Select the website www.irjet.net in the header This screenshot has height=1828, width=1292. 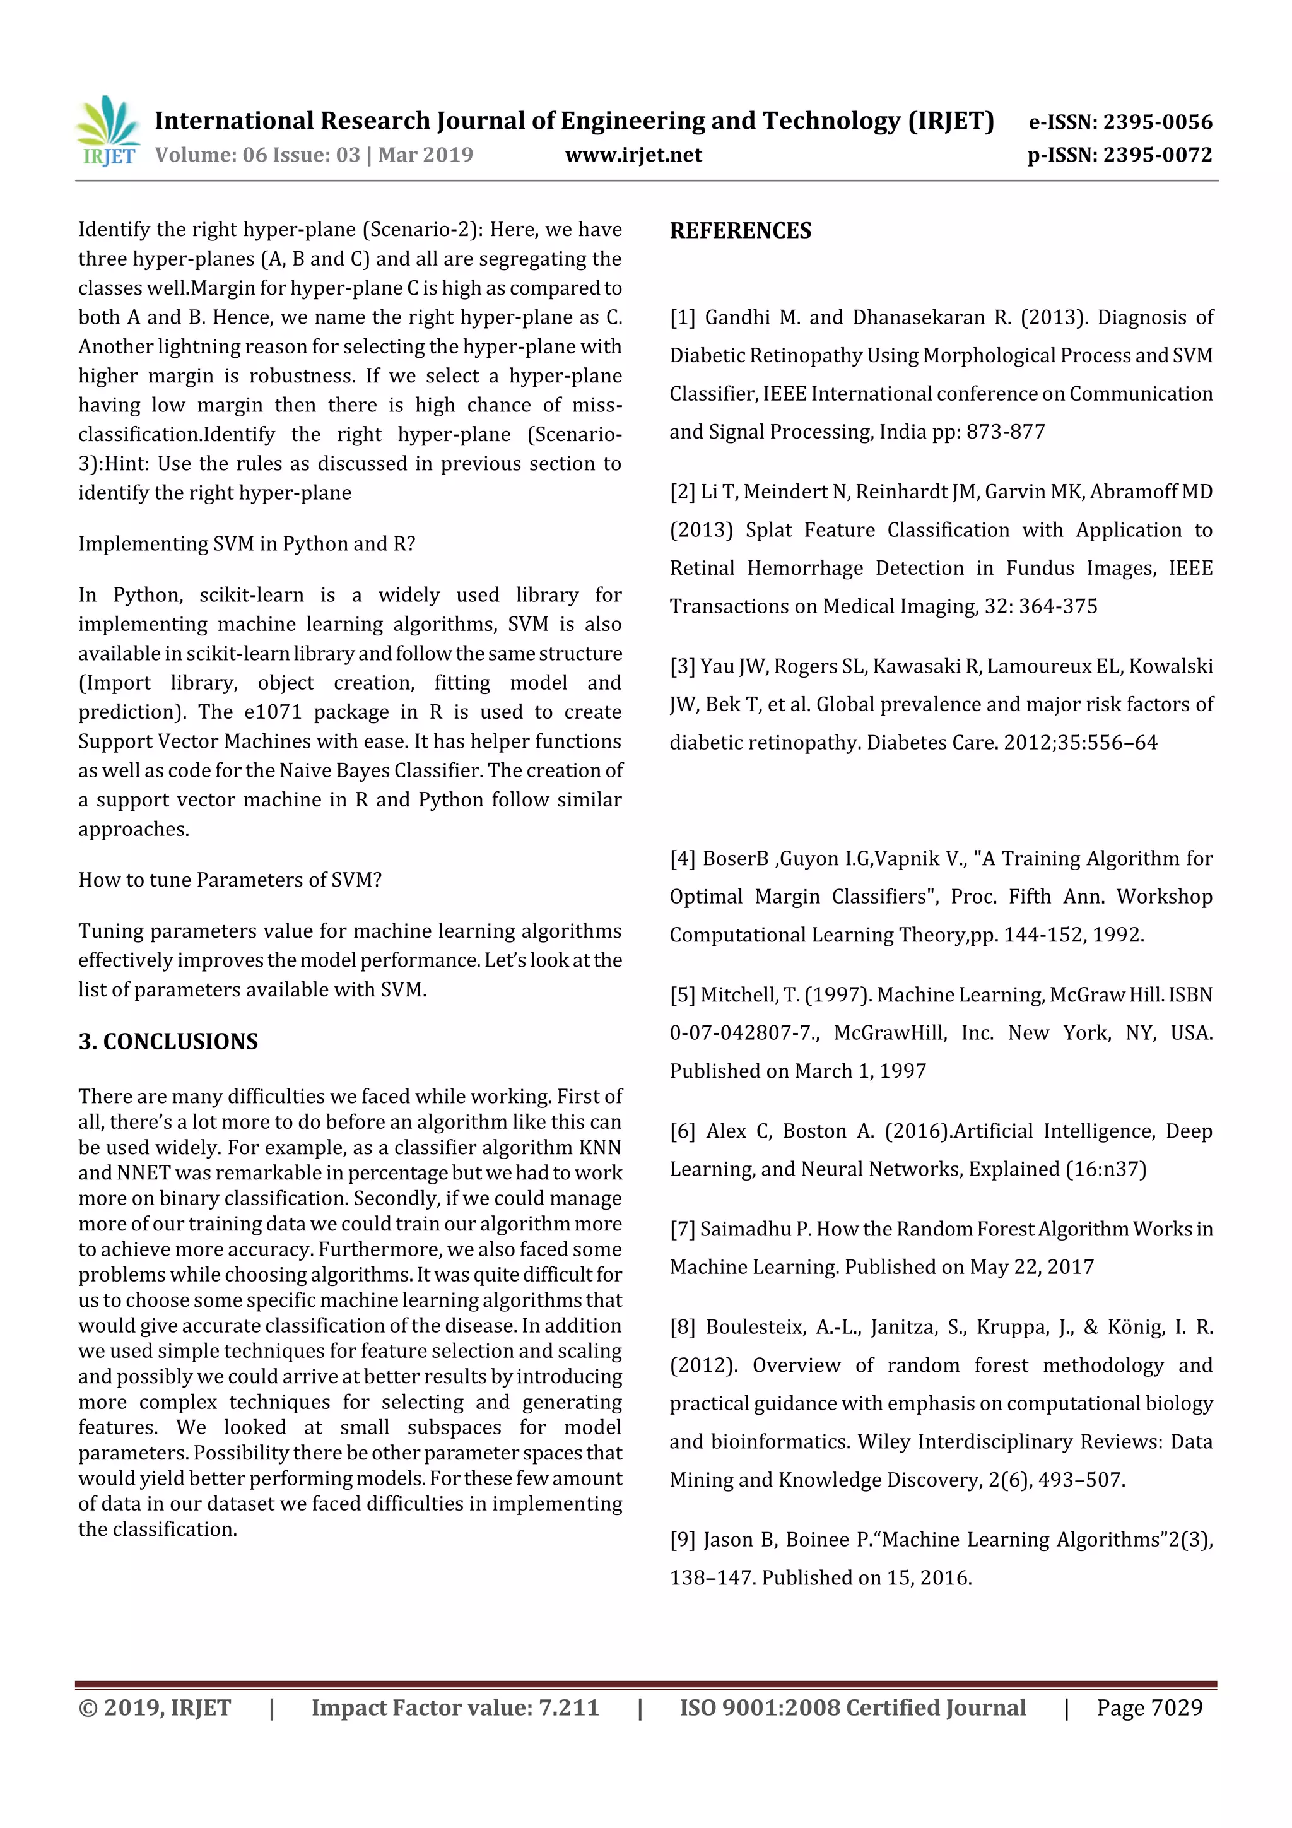tap(633, 155)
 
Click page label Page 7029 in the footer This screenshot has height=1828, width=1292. tap(1149, 1707)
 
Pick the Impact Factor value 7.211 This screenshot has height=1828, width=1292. tap(568, 1707)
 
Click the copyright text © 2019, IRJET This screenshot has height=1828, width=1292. tap(155, 1707)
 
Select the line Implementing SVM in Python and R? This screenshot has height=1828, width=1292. tap(247, 544)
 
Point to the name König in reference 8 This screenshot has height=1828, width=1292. tap(1134, 1326)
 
